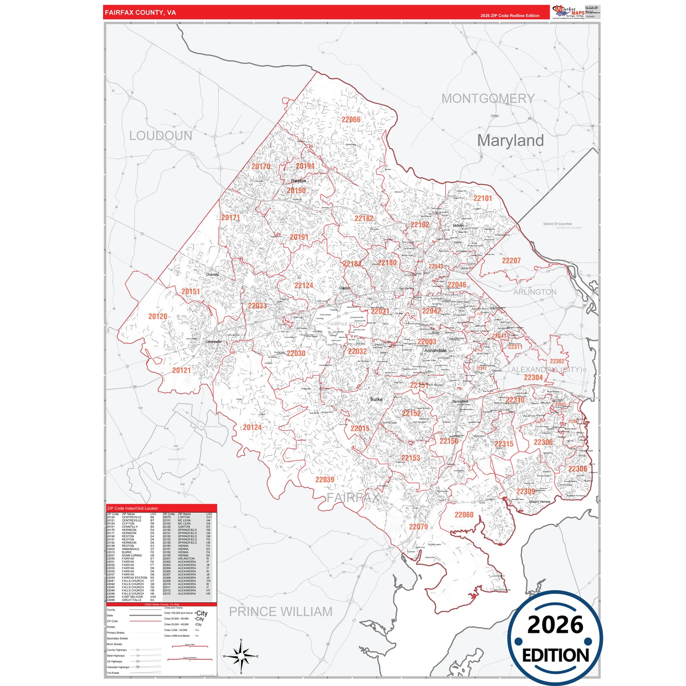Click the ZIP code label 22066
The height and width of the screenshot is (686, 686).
[351, 120]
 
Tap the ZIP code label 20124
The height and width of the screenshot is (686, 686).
[252, 427]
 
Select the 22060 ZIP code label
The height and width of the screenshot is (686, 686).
[464, 515]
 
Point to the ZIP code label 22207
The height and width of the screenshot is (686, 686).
[511, 261]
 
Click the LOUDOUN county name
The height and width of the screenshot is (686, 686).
[160, 136]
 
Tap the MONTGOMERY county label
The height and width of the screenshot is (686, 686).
[488, 99]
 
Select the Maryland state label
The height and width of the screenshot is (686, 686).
[510, 141]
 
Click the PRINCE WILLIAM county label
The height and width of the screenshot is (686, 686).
[281, 611]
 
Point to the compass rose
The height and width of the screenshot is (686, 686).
[241, 657]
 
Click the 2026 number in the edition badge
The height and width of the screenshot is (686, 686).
[555, 625]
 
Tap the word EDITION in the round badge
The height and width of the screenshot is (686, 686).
[555, 656]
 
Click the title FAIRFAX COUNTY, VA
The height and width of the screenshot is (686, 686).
[141, 12]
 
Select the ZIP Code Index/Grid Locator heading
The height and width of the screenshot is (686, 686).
[132, 508]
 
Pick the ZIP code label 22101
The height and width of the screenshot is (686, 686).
[483, 198]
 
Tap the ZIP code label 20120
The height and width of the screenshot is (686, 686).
[158, 316]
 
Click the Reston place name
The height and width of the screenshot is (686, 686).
[299, 181]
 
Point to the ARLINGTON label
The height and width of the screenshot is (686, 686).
[535, 292]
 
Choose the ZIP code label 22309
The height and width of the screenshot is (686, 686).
[526, 491]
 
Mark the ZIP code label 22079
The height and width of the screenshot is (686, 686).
[418, 526]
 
